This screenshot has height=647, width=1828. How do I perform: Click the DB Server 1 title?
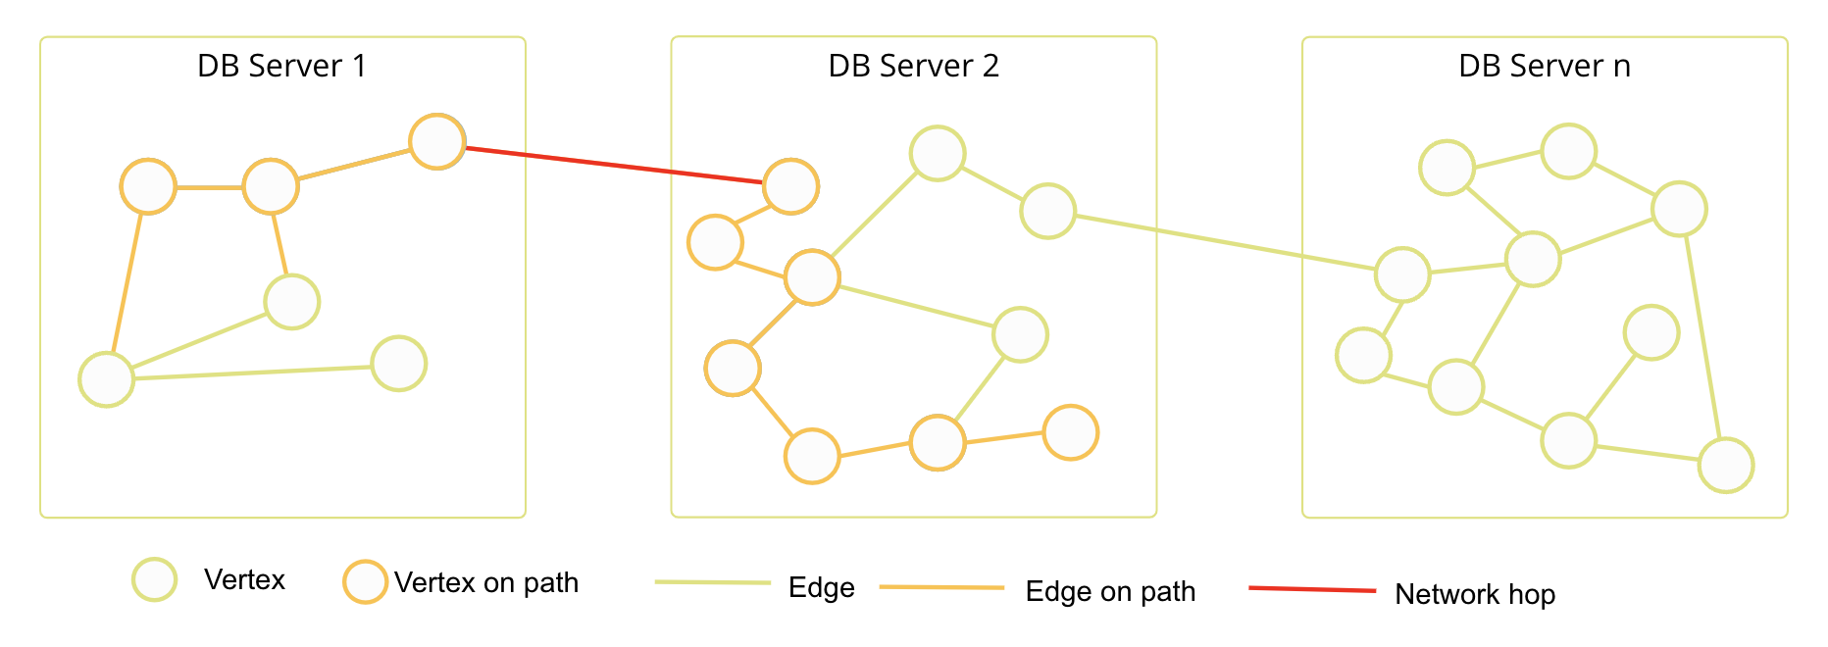[281, 66]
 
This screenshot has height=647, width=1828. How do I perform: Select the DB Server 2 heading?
[913, 66]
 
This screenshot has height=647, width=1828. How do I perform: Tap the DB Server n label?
[1544, 66]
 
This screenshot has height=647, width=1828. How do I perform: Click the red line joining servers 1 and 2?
[614, 166]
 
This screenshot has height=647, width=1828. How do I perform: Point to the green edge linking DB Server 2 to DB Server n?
[1226, 242]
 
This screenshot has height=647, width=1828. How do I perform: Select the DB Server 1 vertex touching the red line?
[436, 142]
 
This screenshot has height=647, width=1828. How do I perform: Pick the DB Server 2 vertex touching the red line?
[790, 186]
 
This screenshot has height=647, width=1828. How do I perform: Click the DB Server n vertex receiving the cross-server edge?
[1402, 274]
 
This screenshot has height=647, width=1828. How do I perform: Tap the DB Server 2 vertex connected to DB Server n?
[1047, 211]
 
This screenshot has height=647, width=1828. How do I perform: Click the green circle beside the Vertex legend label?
[155, 579]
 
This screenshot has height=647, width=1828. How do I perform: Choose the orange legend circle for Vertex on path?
[365, 581]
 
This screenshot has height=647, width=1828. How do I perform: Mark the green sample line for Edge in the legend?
[713, 582]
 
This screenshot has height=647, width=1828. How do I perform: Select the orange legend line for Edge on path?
[941, 587]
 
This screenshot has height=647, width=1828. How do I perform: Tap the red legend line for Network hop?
[1312, 589]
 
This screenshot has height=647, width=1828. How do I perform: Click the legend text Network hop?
[1475, 594]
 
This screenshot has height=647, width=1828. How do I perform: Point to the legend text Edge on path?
[1110, 591]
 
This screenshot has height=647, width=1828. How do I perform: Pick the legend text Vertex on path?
[486, 582]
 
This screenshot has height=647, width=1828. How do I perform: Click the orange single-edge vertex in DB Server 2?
[1070, 432]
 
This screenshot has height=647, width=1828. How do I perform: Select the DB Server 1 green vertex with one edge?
[399, 364]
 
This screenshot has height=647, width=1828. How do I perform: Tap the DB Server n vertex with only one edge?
[1651, 332]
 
